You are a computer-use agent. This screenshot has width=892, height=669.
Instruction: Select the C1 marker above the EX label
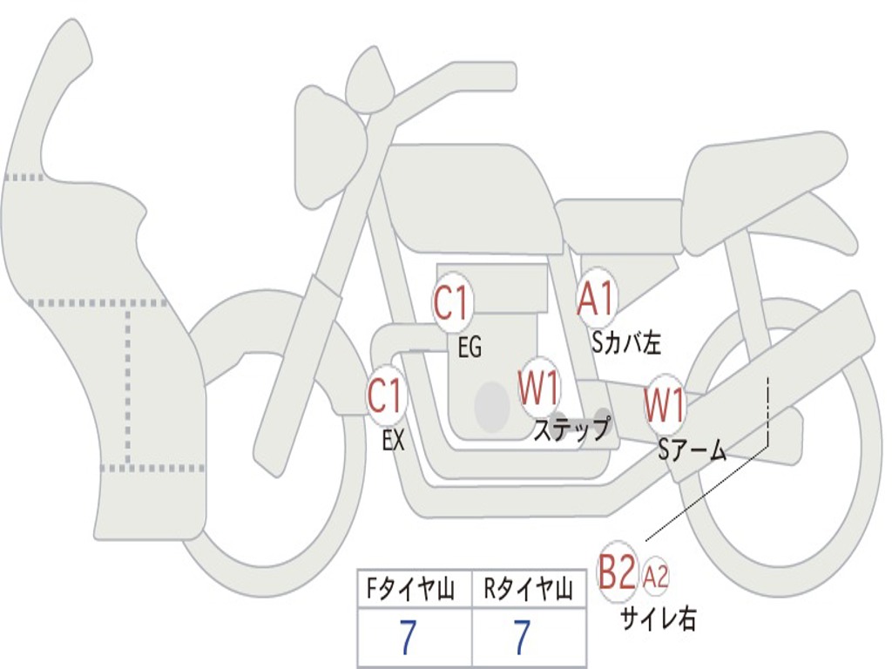point(386,397)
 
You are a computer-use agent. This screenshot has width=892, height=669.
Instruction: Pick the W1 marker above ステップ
point(539,389)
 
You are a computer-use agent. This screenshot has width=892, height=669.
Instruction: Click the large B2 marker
point(618,574)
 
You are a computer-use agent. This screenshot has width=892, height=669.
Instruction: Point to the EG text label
point(470,348)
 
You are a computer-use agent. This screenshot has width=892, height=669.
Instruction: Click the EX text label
point(394,441)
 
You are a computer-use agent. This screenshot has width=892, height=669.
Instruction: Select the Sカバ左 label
point(626,343)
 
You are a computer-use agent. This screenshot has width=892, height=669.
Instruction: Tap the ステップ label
point(571,430)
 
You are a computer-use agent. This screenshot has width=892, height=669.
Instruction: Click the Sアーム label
point(693,450)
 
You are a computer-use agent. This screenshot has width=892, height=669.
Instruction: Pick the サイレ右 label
point(659,619)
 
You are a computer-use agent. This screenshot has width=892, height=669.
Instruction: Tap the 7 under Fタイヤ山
point(409,639)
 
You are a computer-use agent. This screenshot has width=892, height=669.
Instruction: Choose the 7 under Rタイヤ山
point(521,639)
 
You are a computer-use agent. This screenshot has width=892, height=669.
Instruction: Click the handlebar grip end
point(503,76)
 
